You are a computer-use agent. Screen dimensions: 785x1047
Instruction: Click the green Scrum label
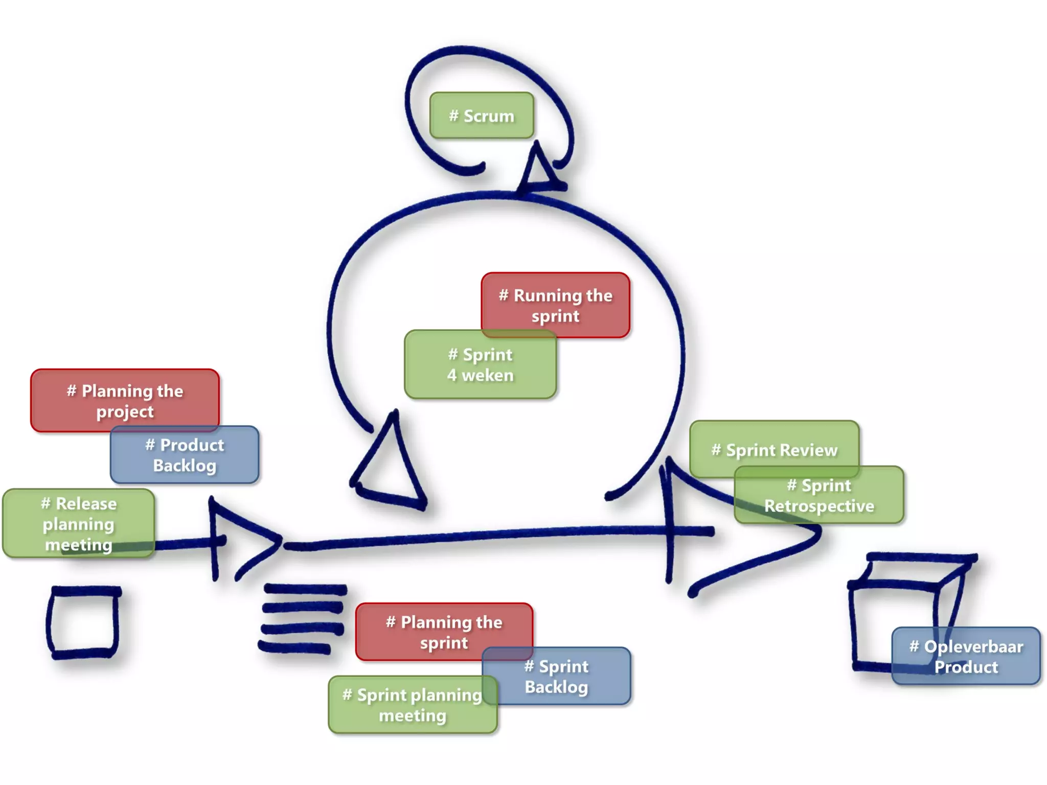pyautogui.click(x=482, y=116)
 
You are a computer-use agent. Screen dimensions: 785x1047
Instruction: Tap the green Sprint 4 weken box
pyautogui.click(x=480, y=365)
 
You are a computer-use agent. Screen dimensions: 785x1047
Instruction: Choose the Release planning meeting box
pyautogui.click(x=78, y=523)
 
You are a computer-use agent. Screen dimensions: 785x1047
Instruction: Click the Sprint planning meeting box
pyautogui.click(x=412, y=705)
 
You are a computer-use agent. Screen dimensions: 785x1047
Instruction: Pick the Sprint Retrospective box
pyautogui.click(x=819, y=496)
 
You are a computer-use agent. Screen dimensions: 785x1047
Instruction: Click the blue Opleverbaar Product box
pyautogui.click(x=966, y=656)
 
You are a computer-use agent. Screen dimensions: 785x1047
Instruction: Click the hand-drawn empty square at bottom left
pyautogui.click(x=83, y=622)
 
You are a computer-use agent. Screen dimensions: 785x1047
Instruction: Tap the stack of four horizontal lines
pyautogui.click(x=303, y=618)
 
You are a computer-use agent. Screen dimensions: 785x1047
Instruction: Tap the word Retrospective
pyautogui.click(x=819, y=506)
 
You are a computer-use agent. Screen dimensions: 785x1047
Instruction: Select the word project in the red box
pyautogui.click(x=125, y=412)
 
